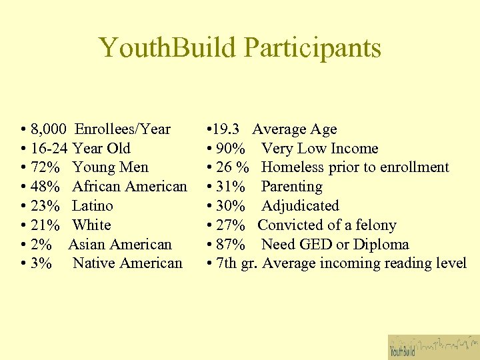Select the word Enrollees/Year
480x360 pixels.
tap(123, 129)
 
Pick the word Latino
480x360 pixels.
tap(93, 206)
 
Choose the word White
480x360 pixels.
tap(91, 225)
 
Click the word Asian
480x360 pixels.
tap(87, 245)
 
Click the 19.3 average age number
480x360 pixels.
tap(231, 129)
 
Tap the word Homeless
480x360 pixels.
tap(290, 167)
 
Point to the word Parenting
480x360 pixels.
tap(291, 187)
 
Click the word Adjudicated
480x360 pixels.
tap(300, 206)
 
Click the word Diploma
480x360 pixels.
tap(380, 245)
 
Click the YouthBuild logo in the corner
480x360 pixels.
tap(433, 347)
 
